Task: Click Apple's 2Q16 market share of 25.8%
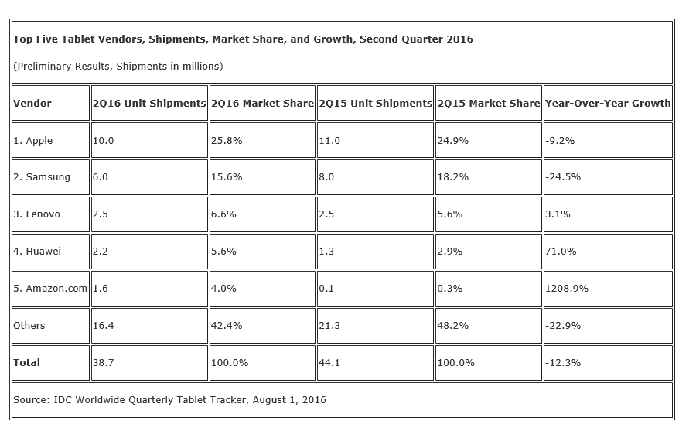[x=226, y=141]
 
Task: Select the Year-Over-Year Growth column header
[x=608, y=103]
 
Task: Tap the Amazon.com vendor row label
[x=50, y=288]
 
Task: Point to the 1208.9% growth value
[x=567, y=288]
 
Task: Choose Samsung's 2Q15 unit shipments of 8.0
[x=327, y=176]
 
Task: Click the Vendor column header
[x=32, y=103]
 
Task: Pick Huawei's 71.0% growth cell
[x=561, y=251]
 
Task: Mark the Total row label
[x=27, y=362]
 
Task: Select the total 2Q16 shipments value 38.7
[x=103, y=362]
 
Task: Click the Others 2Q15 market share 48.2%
[x=453, y=325]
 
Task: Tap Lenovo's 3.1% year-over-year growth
[x=558, y=214]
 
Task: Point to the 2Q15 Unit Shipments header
[x=376, y=103]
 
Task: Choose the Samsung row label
[x=42, y=176]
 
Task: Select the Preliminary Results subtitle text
[x=118, y=66]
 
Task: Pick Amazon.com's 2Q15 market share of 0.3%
[x=450, y=288]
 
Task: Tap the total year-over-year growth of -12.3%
[x=563, y=362]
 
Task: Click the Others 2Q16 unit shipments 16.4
[x=103, y=325]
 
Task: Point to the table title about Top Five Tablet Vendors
[x=243, y=39]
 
